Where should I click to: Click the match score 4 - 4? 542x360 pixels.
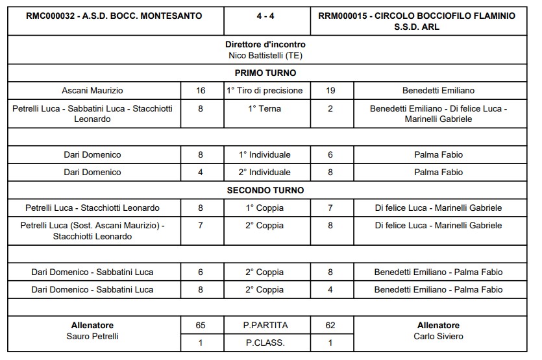[x=264, y=16]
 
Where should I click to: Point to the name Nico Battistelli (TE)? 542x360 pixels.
[x=265, y=55]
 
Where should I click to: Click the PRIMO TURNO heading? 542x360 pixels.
[x=265, y=73]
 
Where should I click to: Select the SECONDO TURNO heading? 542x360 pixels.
[x=265, y=190]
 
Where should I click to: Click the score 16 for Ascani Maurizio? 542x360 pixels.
[x=201, y=91]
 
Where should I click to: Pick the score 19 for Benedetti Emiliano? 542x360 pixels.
[x=330, y=91]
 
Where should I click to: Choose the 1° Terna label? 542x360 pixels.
[x=265, y=109]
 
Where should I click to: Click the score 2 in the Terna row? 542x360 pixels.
[x=330, y=109]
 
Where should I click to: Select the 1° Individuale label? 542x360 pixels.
[x=265, y=154]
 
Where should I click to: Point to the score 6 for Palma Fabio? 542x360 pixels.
[x=330, y=154]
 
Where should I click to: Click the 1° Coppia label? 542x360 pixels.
[x=265, y=208]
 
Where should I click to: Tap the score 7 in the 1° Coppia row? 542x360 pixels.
[x=330, y=208]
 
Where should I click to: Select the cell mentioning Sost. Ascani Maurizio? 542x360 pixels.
[x=92, y=231]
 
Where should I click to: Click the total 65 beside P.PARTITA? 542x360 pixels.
[x=201, y=325]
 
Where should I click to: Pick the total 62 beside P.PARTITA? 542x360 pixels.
[x=330, y=325]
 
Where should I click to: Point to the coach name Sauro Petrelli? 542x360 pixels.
[x=92, y=336]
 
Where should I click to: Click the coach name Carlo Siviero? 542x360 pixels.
[x=438, y=336]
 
